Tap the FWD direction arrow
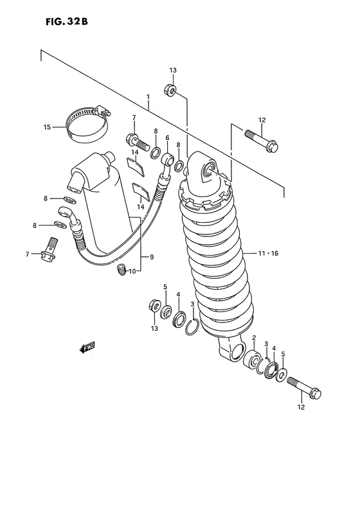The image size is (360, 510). [x=87, y=347]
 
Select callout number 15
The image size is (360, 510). [x=46, y=127]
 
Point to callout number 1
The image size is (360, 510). [x=147, y=98]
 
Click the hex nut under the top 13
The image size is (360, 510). [x=172, y=90]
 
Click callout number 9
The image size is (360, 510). [x=152, y=258]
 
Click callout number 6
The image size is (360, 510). [x=167, y=137]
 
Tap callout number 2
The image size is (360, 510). [x=255, y=339]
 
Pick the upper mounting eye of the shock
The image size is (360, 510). [x=208, y=170]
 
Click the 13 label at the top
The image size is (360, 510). [x=172, y=71]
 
